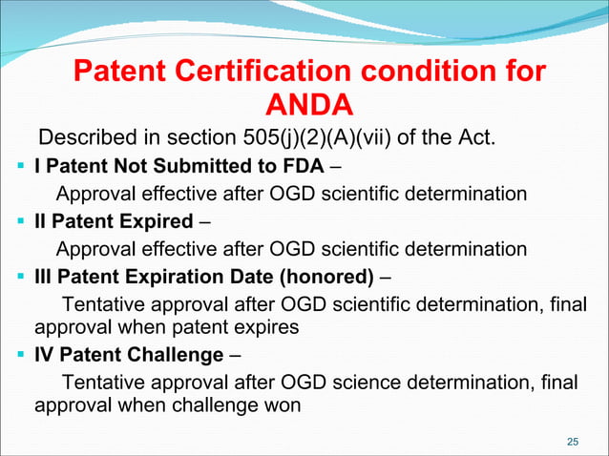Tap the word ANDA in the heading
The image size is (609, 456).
(x=308, y=103)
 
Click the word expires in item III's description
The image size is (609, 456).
(x=268, y=326)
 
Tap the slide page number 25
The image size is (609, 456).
(x=573, y=441)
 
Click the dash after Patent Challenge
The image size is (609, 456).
(x=236, y=356)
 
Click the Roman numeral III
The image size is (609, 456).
(x=44, y=278)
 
